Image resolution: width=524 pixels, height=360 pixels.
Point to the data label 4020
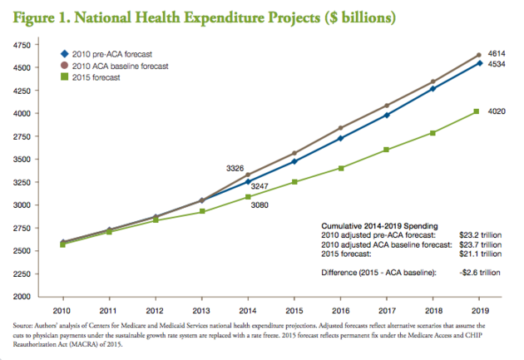point(497,111)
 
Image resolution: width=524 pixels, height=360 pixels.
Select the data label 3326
point(235,169)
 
